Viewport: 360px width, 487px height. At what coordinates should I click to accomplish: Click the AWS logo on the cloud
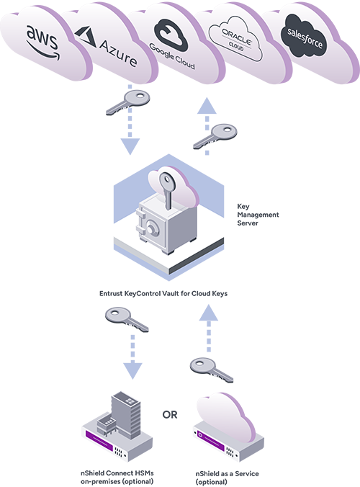coord(42,43)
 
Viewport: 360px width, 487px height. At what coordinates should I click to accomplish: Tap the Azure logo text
coord(118,54)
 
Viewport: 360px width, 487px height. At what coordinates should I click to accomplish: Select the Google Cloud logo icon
coord(171,35)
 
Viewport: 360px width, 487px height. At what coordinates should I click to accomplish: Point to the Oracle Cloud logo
coord(236,39)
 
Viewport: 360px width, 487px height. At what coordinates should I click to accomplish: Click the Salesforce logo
coord(304,37)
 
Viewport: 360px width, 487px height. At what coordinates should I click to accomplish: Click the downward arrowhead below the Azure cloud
coord(130,146)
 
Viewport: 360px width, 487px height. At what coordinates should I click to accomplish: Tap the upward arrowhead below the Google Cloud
coord(207,106)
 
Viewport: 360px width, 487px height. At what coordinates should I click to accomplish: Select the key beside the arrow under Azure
coord(128,102)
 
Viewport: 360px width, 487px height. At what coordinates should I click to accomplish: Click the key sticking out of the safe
coord(167,190)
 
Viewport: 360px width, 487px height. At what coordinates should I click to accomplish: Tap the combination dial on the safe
coord(152,228)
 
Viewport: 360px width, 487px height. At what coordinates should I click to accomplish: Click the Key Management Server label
coord(258,215)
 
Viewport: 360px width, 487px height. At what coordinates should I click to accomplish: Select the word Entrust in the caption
coord(111,293)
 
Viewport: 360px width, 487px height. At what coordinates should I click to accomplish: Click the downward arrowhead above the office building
coord(132,370)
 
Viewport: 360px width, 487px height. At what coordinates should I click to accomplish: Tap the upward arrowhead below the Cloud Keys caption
coord(209,313)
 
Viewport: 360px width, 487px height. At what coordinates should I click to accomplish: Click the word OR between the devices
coord(170,415)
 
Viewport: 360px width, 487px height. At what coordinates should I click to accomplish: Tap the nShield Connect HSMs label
coord(117,477)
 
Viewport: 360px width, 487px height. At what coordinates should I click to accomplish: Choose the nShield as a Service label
coord(227,478)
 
